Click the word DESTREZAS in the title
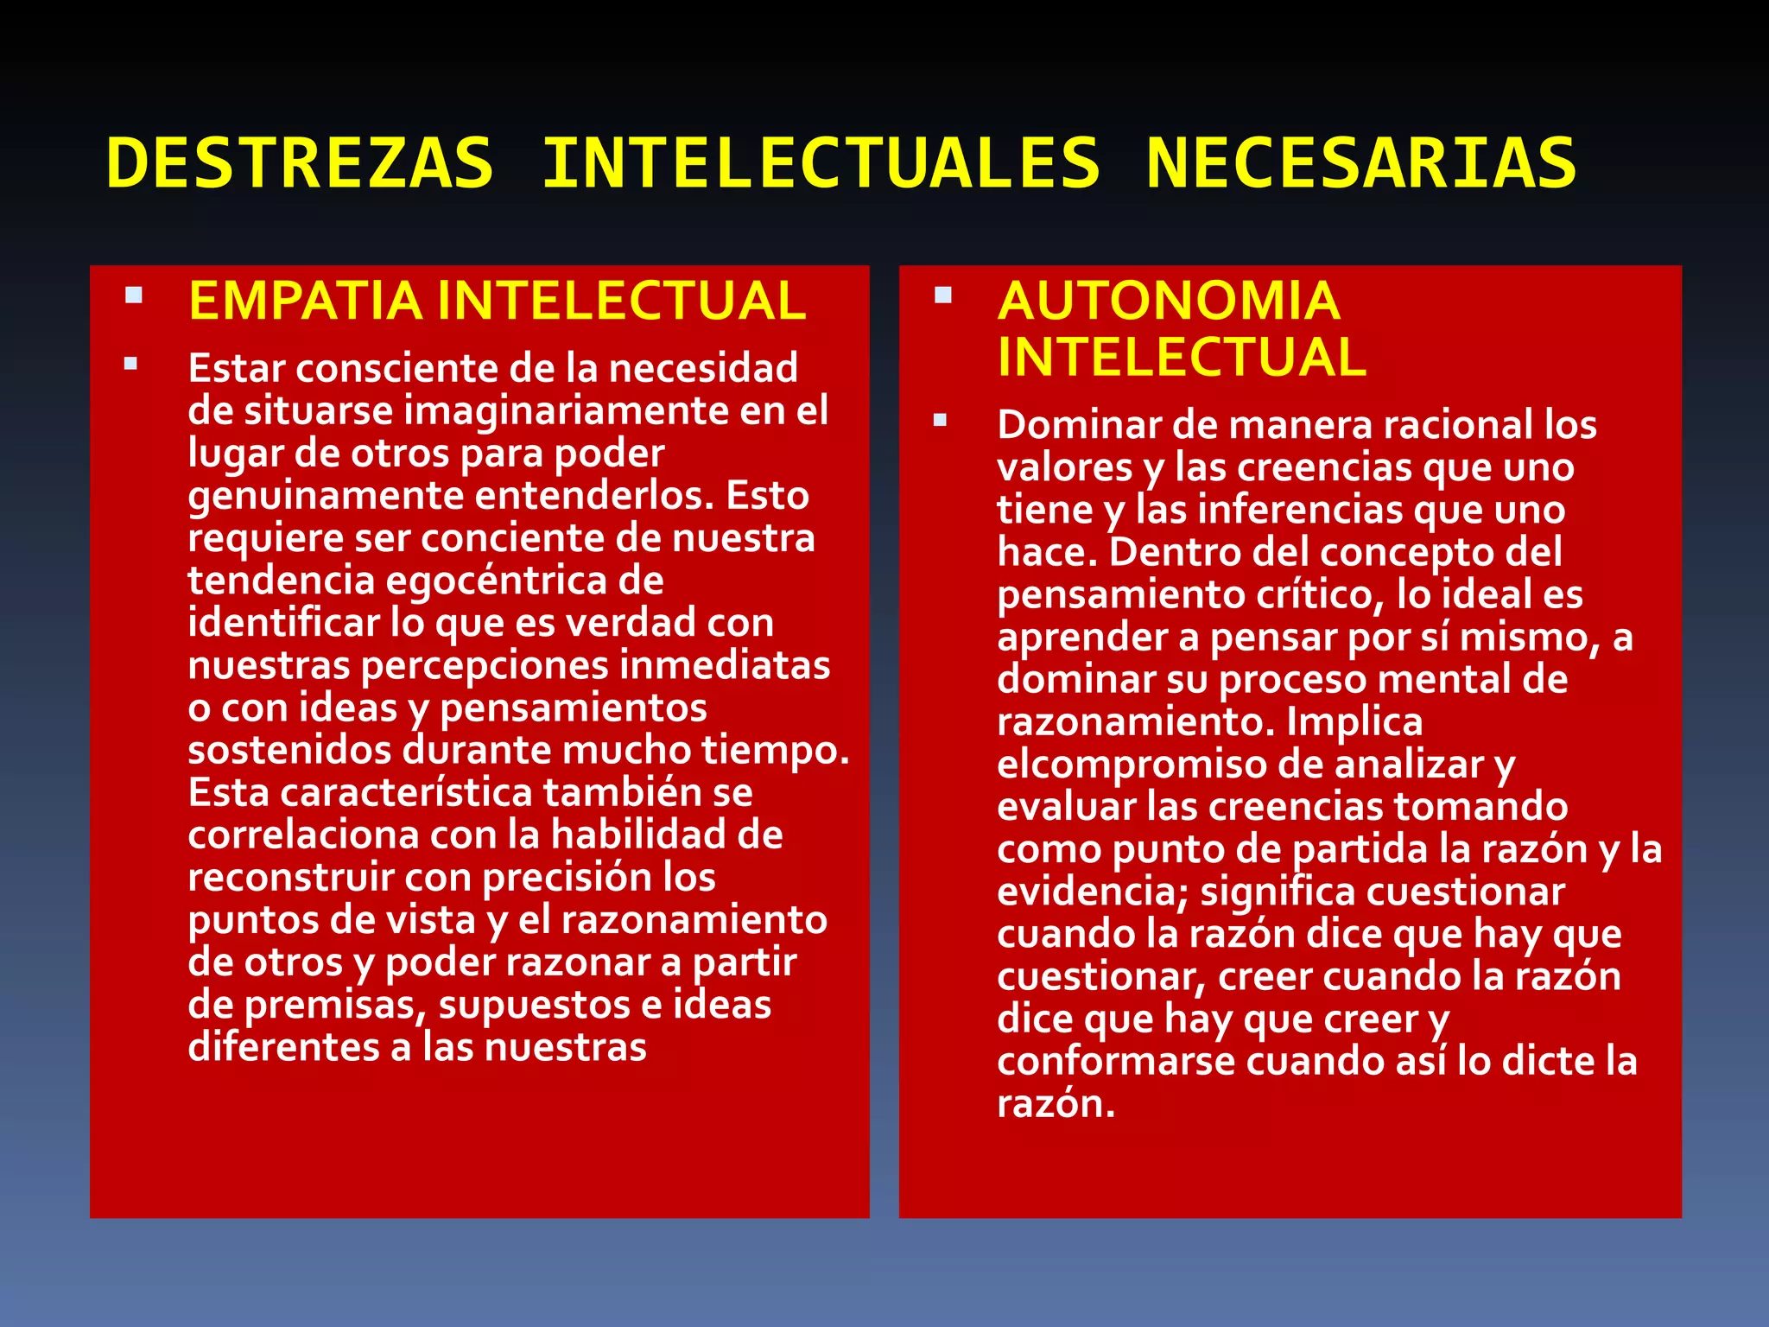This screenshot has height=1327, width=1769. click(x=300, y=162)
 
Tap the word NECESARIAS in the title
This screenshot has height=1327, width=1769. click(x=1361, y=162)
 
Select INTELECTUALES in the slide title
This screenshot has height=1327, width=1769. click(x=821, y=162)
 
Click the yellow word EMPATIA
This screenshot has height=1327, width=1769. click(x=305, y=301)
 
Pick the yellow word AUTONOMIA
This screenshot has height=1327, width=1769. click(x=1169, y=301)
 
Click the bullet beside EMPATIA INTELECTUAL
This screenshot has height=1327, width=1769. click(x=133, y=295)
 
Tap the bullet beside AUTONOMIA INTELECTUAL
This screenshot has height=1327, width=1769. click(x=942, y=295)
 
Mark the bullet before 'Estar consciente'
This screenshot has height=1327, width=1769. click(x=131, y=364)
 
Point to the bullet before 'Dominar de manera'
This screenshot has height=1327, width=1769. click(x=941, y=421)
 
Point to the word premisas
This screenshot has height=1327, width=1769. click(x=335, y=1005)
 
